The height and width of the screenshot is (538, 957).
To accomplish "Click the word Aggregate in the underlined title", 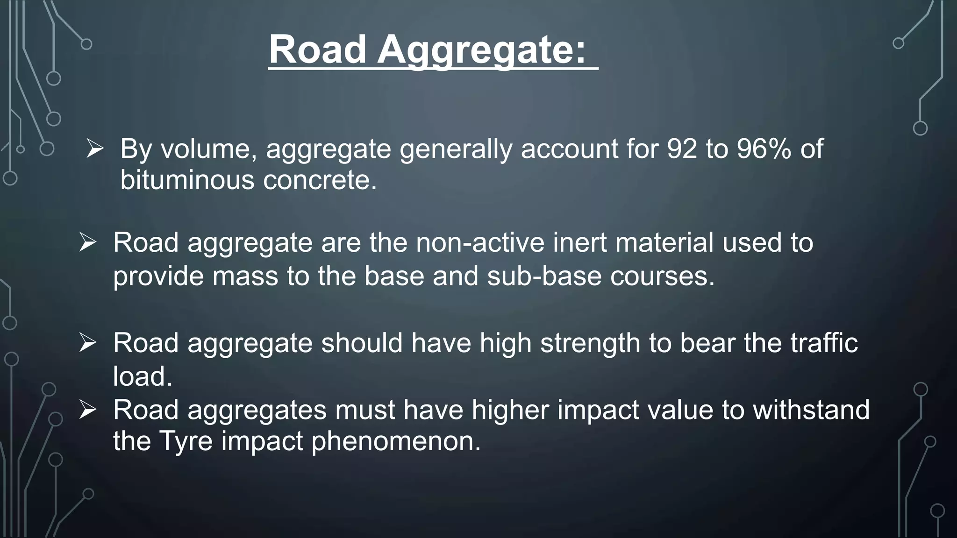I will tap(481, 50).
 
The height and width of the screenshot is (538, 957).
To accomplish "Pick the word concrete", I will tap(320, 180).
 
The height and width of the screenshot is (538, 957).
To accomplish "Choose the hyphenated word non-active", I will tap(480, 243).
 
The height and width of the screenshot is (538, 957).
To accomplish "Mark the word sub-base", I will tap(544, 276).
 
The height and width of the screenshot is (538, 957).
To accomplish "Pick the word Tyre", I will tap(186, 441).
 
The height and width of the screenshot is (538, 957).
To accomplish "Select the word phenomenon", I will tap(396, 441).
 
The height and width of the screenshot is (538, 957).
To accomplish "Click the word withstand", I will tap(811, 410).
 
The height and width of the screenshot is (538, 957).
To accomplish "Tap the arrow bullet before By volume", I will tap(95, 149).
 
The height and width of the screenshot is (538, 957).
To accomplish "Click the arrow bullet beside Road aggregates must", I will tap(87, 410).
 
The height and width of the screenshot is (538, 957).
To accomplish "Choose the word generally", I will tap(456, 149).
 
